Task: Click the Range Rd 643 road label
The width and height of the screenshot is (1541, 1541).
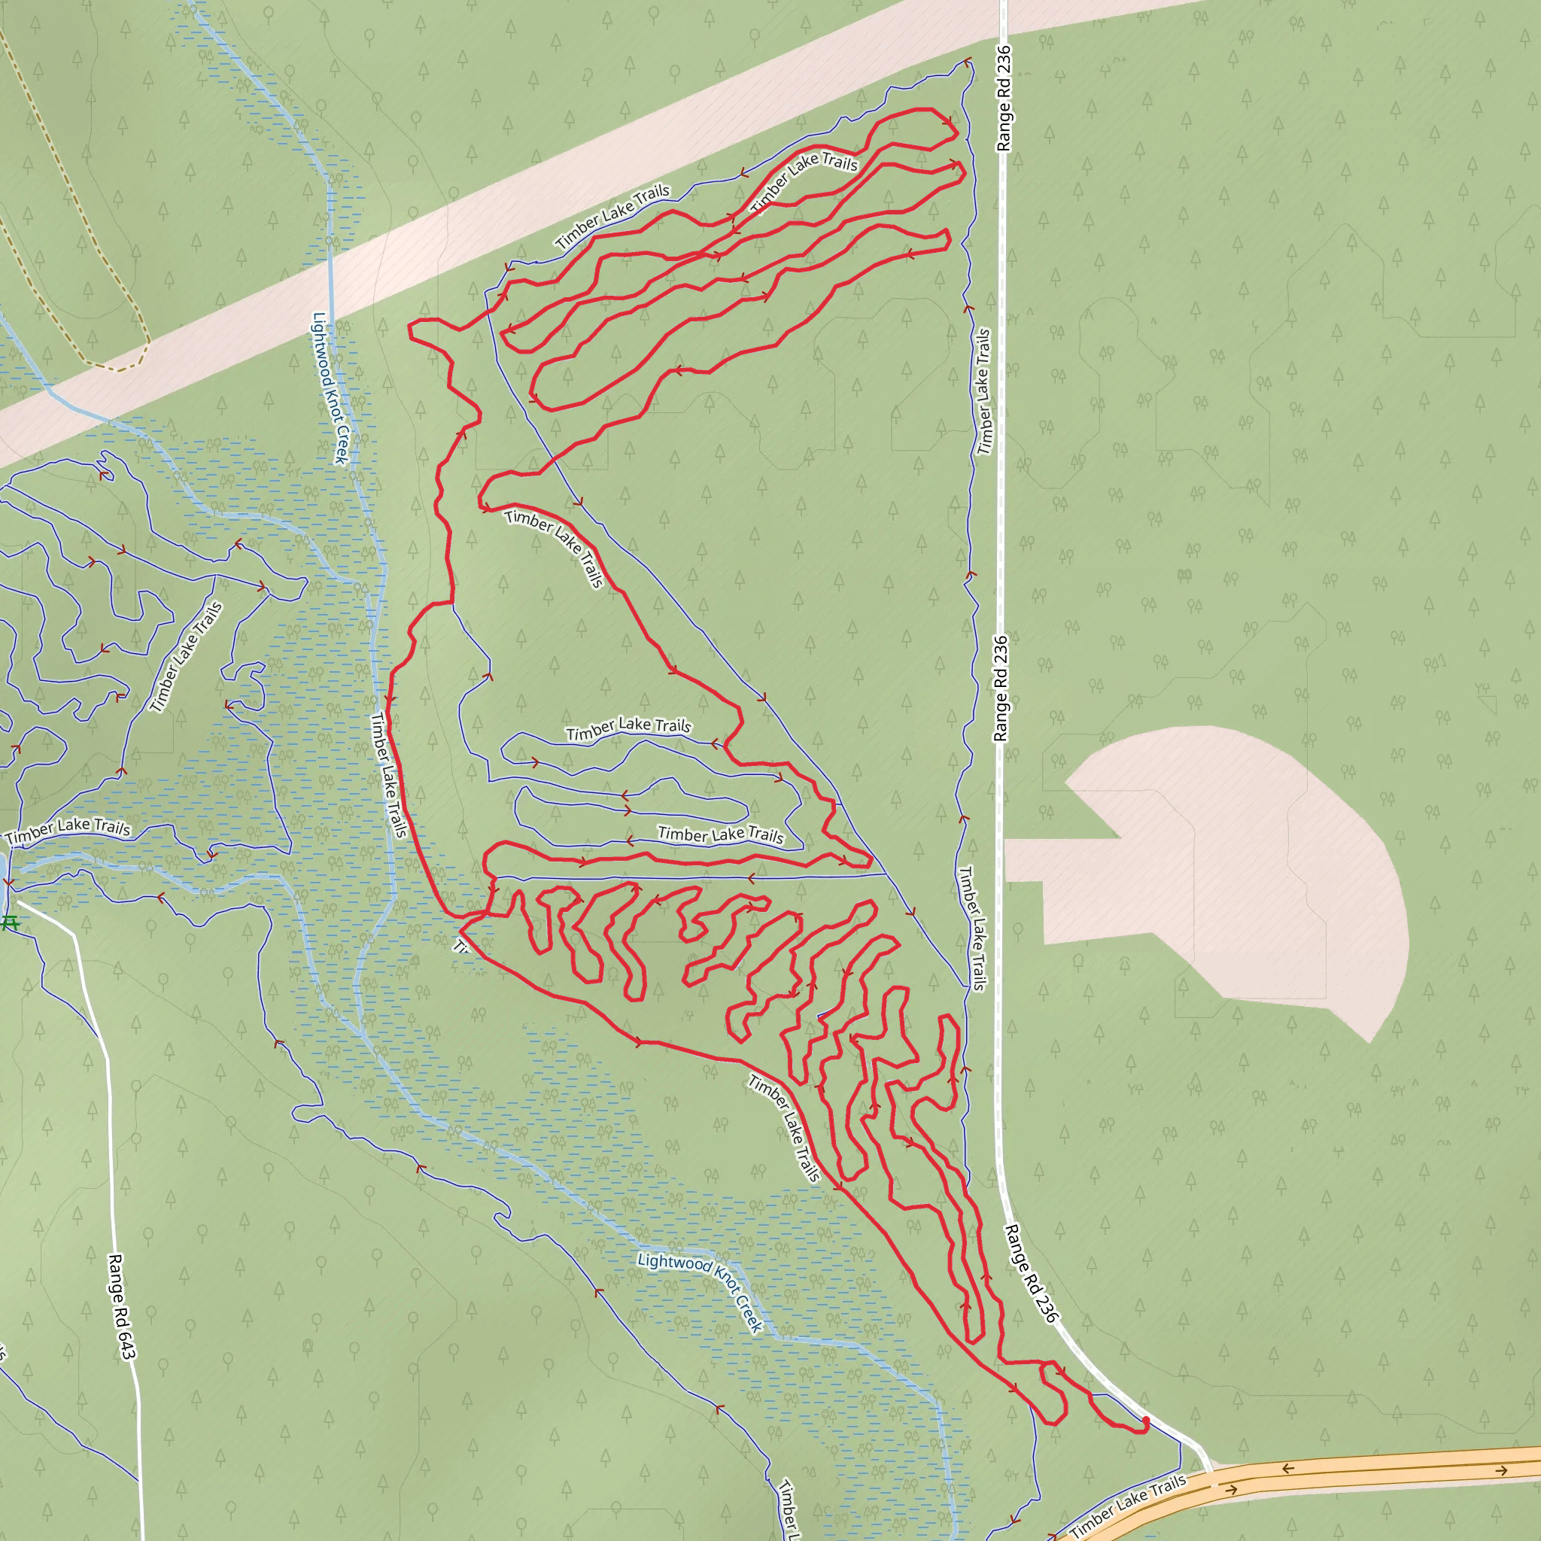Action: point(122,1305)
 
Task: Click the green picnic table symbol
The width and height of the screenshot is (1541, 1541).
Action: point(11,922)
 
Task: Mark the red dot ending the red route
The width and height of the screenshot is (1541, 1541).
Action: point(1146,1421)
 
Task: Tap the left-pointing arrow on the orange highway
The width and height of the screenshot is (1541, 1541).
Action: point(1287,1469)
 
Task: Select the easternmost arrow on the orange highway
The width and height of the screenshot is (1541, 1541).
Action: point(1502,1471)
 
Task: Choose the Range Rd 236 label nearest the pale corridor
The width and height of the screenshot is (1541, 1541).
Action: point(1004,98)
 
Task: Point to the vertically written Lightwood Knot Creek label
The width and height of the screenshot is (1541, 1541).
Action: point(330,388)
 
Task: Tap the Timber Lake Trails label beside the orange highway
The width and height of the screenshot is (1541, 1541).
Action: point(1128,1505)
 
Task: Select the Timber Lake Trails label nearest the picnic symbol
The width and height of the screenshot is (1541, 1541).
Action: point(68,831)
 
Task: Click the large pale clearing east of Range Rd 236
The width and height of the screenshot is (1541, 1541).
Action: point(1245,862)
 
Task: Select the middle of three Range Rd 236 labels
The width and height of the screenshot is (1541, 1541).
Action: point(1000,688)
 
